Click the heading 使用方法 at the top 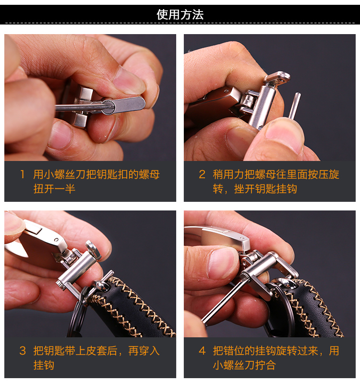click(x=180, y=14)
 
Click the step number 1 click(x=23, y=174)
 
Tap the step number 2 click(x=202, y=174)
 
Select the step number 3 click(x=23, y=351)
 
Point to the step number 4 click(x=202, y=351)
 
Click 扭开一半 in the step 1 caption click(x=54, y=189)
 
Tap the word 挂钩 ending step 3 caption click(x=44, y=365)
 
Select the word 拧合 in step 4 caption click(x=265, y=365)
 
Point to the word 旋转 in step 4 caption click(x=276, y=351)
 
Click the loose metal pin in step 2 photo click(x=295, y=106)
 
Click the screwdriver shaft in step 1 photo click(x=80, y=107)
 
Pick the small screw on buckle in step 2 click(x=226, y=91)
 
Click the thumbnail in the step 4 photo click(x=223, y=263)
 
